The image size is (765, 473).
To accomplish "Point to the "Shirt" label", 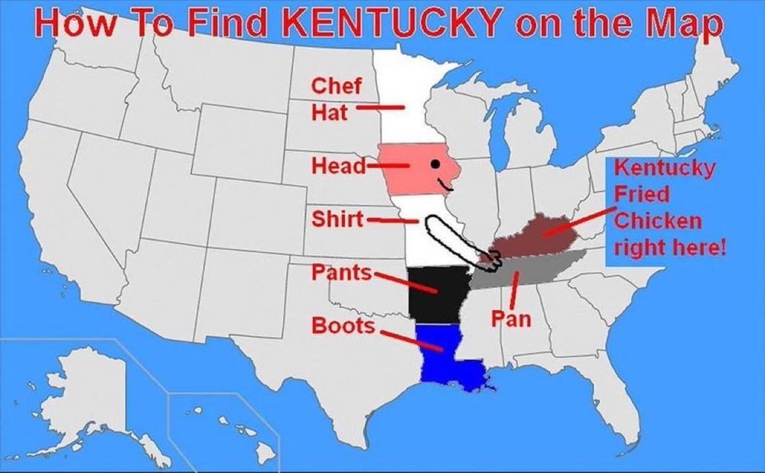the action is [x=337, y=219].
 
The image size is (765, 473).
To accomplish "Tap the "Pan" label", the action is [x=510, y=318].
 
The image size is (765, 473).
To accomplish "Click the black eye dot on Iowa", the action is [x=435, y=164].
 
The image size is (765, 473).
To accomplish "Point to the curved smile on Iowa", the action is [x=444, y=185].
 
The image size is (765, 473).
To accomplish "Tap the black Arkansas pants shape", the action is [x=432, y=294].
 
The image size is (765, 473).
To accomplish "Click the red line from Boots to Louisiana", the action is [x=409, y=341].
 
